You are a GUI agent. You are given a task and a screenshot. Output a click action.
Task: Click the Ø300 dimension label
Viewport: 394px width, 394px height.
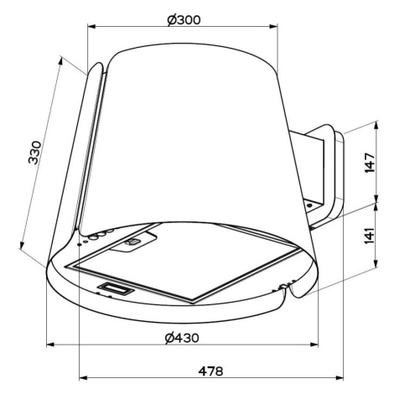pyautogui.click(x=184, y=20)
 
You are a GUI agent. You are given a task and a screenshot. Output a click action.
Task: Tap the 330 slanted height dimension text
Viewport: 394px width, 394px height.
pyautogui.click(x=35, y=153)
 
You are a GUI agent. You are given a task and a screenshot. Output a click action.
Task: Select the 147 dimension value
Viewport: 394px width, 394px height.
pyautogui.click(x=370, y=163)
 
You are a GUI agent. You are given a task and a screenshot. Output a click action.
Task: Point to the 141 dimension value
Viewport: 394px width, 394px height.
pyautogui.click(x=370, y=236)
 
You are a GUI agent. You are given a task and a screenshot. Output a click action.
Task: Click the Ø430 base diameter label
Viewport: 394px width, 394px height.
pyautogui.click(x=182, y=338)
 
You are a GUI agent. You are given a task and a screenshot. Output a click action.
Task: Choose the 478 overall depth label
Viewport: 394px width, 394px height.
pyautogui.click(x=211, y=371)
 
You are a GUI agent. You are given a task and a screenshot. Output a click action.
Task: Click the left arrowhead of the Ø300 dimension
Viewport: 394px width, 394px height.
pyautogui.click(x=91, y=27)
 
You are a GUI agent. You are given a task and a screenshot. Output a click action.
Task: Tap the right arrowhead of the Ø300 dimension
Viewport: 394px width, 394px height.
pyautogui.click(x=273, y=27)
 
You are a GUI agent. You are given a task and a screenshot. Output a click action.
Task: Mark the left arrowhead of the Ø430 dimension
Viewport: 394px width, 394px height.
pyautogui.click(x=50, y=345)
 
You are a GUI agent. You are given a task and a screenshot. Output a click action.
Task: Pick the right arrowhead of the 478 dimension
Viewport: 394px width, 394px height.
pyautogui.click(x=340, y=378)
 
